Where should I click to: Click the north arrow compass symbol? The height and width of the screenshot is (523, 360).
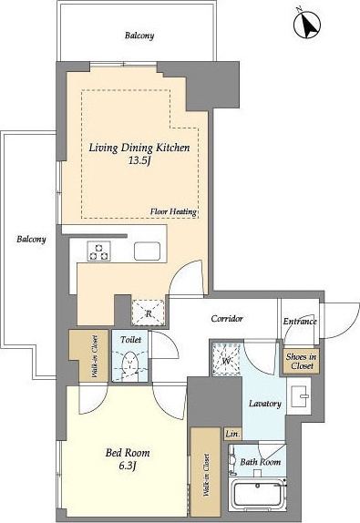point(306,25)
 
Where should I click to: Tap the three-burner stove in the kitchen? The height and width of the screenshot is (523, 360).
point(98,251)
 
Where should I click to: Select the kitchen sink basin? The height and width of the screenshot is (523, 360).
point(147,251)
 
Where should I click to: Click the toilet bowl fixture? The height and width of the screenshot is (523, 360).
point(130,364)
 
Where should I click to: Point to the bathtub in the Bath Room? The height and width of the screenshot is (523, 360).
point(260,495)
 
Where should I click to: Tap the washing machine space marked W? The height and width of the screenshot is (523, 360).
point(227,359)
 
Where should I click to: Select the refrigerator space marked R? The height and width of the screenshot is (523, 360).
point(149,313)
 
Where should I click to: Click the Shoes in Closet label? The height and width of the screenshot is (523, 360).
point(301,361)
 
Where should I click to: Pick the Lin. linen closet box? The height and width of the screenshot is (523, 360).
point(232,435)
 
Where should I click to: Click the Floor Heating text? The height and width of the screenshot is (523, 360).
point(173,211)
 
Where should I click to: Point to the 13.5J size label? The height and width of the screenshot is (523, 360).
point(139,161)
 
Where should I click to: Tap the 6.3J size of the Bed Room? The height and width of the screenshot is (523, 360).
point(128,465)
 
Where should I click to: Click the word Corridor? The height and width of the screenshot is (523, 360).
point(227,319)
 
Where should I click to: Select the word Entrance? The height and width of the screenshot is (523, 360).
point(300,322)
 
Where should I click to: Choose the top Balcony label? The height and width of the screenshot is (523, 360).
point(139,36)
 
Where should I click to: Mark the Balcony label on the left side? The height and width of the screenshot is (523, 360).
point(31,239)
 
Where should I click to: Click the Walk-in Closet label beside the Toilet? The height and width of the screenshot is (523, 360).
point(95,356)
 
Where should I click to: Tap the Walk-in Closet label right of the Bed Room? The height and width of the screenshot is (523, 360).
point(206,475)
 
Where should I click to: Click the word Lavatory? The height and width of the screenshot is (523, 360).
point(265,404)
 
